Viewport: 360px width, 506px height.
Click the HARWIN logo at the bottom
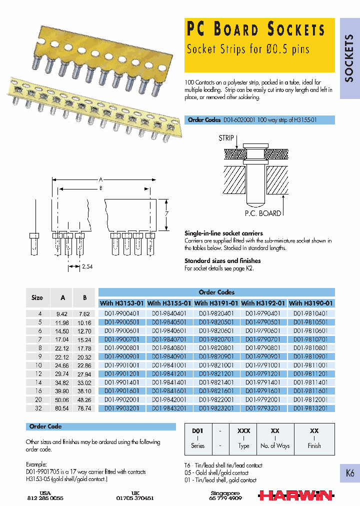(x=295, y=495)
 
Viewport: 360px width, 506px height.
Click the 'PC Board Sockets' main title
(x=255, y=30)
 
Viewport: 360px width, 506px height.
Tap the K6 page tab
(x=349, y=473)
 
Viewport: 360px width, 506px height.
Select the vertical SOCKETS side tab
(x=349, y=58)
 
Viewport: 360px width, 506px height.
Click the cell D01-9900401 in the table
(x=121, y=313)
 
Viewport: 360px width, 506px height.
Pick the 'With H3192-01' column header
(x=264, y=303)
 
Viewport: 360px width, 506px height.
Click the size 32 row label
(x=37, y=408)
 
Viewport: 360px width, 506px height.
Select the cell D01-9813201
(x=311, y=408)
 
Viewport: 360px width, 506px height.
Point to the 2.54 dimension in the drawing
(x=87, y=267)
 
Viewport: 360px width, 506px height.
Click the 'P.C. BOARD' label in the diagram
(x=262, y=213)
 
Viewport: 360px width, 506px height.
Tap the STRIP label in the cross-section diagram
(x=226, y=138)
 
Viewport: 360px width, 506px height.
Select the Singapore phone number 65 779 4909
(x=226, y=498)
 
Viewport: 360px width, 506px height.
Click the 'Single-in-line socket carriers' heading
(x=223, y=233)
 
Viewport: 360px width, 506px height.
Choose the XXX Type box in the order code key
(x=243, y=437)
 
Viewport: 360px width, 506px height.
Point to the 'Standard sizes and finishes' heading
(x=222, y=260)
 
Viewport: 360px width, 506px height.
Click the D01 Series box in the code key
(x=198, y=437)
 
